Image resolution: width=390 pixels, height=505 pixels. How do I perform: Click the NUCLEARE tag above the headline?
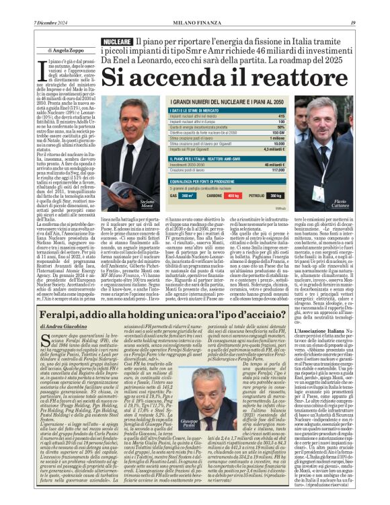click(x=116, y=41)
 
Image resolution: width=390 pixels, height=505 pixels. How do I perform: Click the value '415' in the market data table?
click(x=281, y=116)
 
